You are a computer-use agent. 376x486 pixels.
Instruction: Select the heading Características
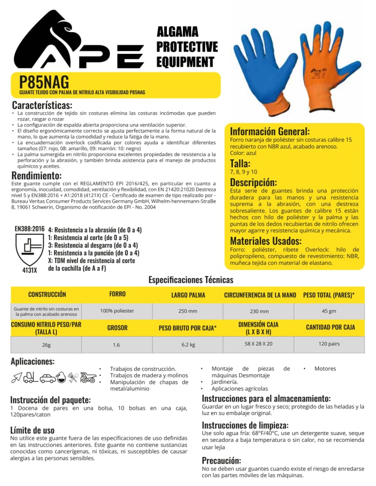(42, 105)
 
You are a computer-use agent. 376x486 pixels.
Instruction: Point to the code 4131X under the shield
(30, 270)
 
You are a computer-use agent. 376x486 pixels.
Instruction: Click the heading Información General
(269, 132)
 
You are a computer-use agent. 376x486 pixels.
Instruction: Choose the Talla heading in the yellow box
(240, 163)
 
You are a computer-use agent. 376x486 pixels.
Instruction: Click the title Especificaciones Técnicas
(191, 280)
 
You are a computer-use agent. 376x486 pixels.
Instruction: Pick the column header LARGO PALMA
(188, 295)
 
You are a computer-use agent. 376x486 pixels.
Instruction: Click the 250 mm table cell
(188, 311)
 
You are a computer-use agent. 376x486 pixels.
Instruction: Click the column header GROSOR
(117, 328)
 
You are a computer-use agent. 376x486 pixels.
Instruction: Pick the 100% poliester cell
(117, 311)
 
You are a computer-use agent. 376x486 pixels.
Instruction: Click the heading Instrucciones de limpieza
(245, 425)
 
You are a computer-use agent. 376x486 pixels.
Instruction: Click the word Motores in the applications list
(325, 369)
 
